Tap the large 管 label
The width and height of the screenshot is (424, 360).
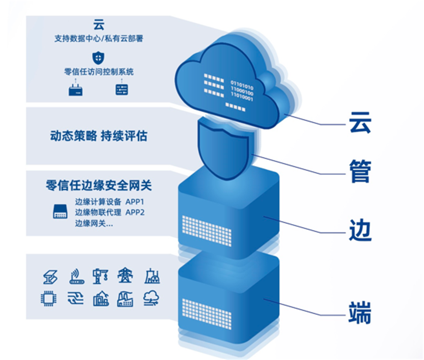coord(360,172)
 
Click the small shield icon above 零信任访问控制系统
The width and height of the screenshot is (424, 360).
coord(99,58)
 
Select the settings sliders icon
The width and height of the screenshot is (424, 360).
coord(121,89)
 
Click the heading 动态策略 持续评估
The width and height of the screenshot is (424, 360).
coord(99,136)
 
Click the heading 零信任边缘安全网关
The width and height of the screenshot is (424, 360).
coord(99,186)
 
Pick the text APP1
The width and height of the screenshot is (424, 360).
coord(135,203)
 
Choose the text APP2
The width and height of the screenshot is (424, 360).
coord(135,213)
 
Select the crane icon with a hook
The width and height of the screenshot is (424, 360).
coord(101,277)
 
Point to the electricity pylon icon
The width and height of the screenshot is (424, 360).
coord(125,277)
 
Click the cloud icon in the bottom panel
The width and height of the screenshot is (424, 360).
coord(152,298)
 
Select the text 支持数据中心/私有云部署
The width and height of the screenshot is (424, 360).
coord(99,39)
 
